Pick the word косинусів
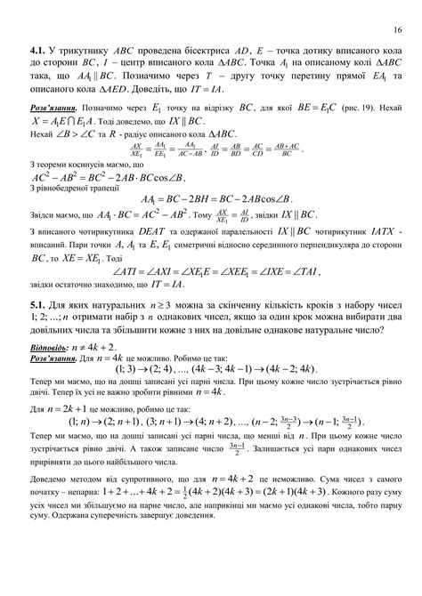84,165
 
